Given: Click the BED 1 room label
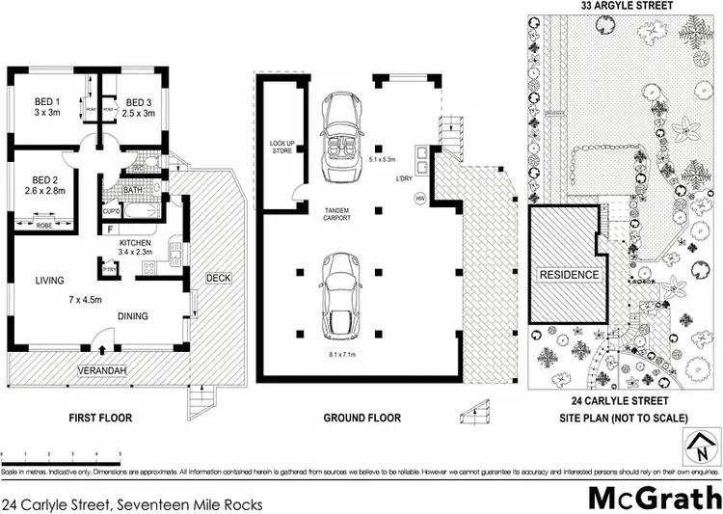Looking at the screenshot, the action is tap(44, 102).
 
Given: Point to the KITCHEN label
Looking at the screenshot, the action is tap(136, 242).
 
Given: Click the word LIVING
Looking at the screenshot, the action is tap(49, 281).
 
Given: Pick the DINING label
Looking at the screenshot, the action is tap(132, 315).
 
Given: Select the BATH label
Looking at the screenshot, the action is tap(132, 190).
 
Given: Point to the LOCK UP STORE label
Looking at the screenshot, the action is tap(281, 147).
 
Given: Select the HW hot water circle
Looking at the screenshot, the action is tap(418, 199).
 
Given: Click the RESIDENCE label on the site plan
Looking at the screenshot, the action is tap(569, 274).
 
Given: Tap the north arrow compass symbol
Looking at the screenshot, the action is tap(702, 447).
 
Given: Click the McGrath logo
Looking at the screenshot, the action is tap(654, 499).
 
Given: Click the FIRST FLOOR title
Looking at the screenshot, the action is tap(99, 418).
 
